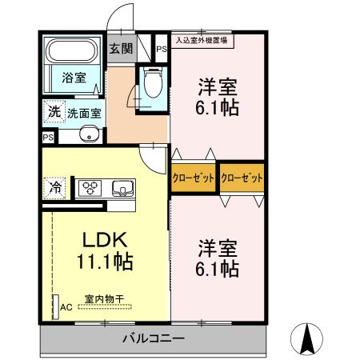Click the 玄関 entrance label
[x=121, y=50]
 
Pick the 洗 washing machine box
[x=53, y=112]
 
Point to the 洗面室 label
[x=84, y=113]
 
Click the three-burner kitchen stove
[x=87, y=190]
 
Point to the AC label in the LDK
[x=66, y=306]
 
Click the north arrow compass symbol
[x=307, y=338]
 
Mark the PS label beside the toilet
[x=162, y=50]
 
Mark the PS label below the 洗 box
[x=46, y=137]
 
